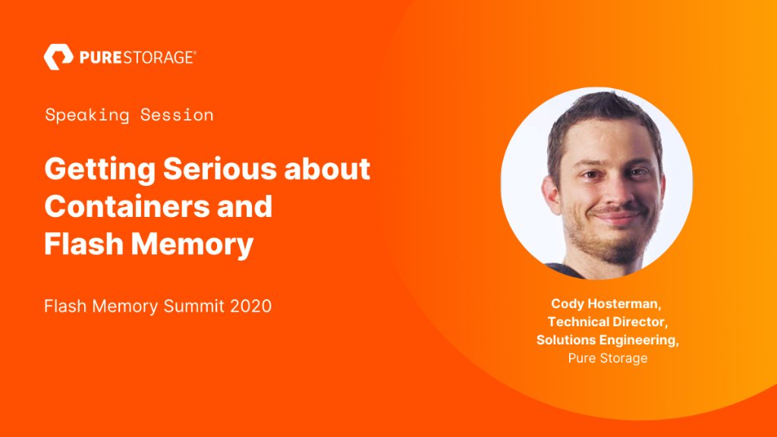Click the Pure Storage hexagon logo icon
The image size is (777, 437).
pyautogui.click(x=58, y=57)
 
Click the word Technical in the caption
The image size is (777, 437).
pyautogui.click(x=578, y=322)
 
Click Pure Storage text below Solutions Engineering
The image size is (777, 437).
pyautogui.click(x=607, y=358)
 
